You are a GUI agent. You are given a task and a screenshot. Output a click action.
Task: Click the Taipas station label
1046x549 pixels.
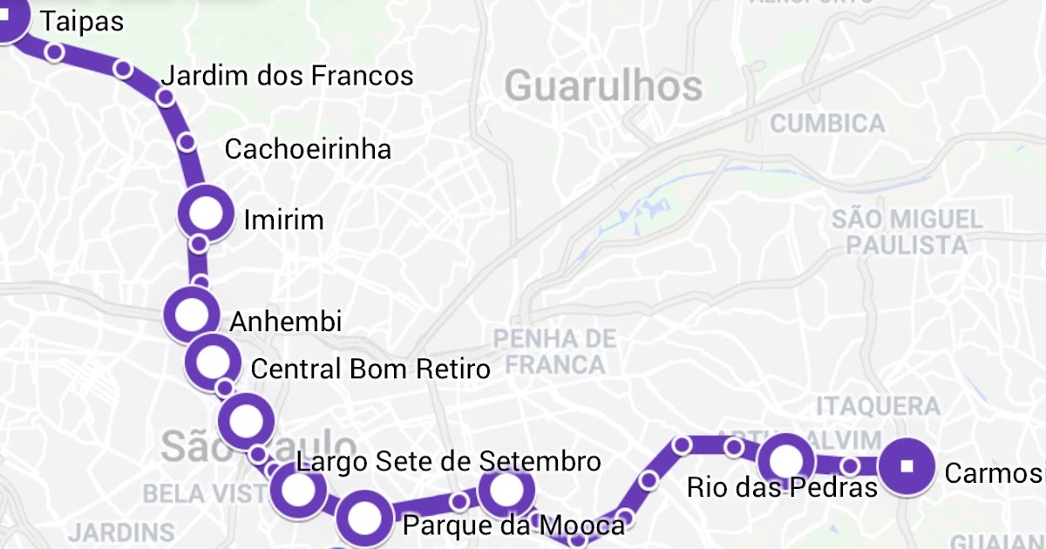tap(82, 22)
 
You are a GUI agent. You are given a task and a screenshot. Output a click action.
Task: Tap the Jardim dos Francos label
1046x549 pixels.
tap(288, 76)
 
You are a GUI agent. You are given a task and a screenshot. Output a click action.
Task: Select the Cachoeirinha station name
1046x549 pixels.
tap(308, 149)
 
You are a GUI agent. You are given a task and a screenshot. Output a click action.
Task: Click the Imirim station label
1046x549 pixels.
tap(283, 220)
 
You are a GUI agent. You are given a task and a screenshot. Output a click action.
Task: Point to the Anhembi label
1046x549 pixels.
tap(285, 322)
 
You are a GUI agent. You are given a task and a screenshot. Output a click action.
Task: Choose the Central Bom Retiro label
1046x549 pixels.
tap(370, 369)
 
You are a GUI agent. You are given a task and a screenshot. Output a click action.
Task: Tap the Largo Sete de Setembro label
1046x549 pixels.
tap(448, 461)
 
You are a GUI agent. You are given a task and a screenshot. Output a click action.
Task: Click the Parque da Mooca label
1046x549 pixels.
tap(513, 525)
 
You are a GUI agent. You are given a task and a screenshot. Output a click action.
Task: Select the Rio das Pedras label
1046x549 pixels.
tap(782, 486)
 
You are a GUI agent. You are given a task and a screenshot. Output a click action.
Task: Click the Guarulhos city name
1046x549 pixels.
tap(603, 86)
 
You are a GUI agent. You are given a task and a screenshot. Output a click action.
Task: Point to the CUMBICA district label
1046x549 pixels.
tap(827, 123)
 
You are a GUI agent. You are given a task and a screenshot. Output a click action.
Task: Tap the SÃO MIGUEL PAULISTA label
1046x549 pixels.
tap(907, 231)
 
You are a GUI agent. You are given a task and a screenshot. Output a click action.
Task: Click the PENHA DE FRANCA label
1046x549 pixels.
tap(554, 350)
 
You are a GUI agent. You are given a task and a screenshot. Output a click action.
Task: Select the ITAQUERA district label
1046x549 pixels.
tap(878, 405)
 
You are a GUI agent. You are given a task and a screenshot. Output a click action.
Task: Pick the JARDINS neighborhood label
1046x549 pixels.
tap(121, 532)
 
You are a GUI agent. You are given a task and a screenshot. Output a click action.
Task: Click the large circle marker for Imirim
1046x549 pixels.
tap(207, 213)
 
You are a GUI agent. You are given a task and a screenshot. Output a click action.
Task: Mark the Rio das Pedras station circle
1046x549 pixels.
tap(785, 459)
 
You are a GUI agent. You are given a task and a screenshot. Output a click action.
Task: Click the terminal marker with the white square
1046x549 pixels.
tap(907, 465)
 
